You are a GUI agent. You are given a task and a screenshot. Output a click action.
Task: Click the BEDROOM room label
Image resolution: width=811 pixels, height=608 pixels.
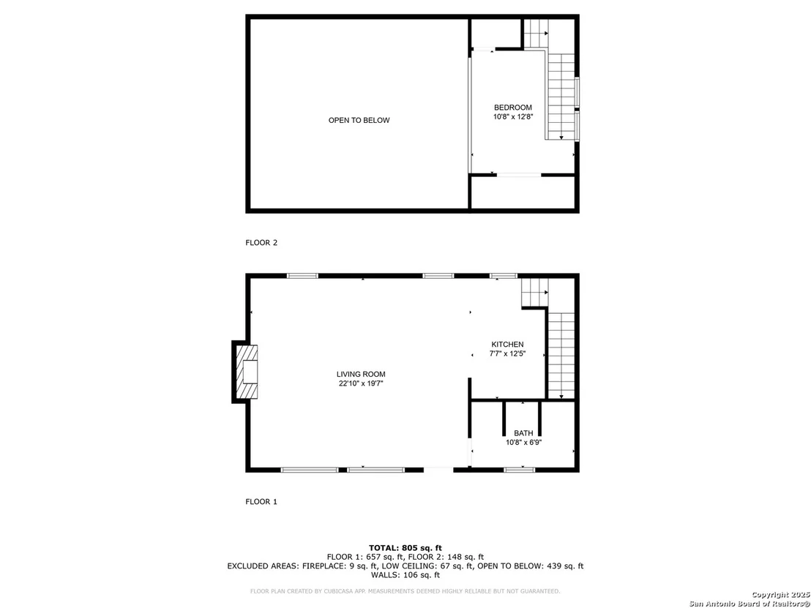pos(512,108)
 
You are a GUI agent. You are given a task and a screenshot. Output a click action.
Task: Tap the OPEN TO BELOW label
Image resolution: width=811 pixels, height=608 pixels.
pos(359,121)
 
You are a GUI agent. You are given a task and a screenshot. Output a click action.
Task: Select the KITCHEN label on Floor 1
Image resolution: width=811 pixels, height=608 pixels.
pos(507,345)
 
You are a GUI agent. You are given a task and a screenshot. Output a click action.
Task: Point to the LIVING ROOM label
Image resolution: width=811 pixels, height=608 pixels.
pos(361,375)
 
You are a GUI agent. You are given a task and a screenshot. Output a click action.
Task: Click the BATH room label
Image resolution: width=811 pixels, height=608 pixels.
pos(523,433)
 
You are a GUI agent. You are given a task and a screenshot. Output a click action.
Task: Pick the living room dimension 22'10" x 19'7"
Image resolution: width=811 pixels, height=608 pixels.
pos(361,383)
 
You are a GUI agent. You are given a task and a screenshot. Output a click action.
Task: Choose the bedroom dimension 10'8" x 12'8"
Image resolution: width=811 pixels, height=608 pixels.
pos(512,117)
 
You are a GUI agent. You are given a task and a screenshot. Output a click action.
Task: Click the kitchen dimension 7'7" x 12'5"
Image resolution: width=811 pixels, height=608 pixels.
pos(507,354)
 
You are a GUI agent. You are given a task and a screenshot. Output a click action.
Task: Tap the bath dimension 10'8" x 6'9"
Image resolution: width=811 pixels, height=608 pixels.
pos(523,443)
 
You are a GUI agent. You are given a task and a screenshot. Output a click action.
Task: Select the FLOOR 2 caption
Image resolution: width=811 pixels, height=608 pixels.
pos(261,242)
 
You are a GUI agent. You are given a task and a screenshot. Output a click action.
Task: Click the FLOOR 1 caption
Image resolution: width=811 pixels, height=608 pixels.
pos(261,501)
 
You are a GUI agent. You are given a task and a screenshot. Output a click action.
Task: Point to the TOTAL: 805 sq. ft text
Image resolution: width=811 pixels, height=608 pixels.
pos(405,547)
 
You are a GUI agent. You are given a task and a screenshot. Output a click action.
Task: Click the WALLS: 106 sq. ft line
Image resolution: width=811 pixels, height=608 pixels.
pos(405,575)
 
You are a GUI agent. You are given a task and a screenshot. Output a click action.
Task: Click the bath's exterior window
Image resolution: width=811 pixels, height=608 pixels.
pos(519,470)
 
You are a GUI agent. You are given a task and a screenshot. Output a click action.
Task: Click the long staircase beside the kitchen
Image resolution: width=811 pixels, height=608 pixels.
pos(561,356)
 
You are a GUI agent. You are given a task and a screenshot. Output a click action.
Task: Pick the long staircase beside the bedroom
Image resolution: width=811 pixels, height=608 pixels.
pos(561,97)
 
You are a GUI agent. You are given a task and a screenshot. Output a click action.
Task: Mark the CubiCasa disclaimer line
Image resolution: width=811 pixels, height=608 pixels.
pos(405,591)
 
